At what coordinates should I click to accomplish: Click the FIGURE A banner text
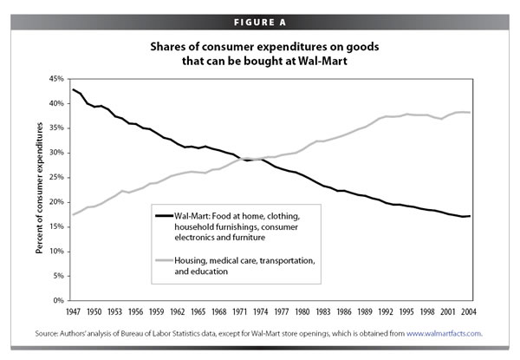click(260, 23)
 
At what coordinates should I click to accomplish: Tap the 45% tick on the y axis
click(56, 79)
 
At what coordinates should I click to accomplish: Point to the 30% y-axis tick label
click(56, 153)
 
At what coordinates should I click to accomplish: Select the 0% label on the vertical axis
click(58, 300)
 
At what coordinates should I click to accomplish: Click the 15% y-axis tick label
click(56, 226)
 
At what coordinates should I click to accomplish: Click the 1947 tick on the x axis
click(73, 311)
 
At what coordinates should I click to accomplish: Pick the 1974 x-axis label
click(260, 311)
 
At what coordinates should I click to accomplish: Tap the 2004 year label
click(469, 311)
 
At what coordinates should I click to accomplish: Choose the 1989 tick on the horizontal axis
click(365, 311)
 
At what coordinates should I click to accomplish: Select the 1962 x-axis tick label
click(177, 311)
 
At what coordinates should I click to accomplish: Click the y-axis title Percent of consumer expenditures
click(40, 188)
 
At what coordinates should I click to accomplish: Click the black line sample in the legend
click(164, 216)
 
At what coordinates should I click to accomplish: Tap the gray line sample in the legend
click(164, 260)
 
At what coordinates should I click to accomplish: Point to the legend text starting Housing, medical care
click(244, 265)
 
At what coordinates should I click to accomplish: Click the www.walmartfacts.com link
click(445, 333)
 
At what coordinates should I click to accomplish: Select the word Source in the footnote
click(47, 333)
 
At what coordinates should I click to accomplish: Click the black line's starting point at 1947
click(73, 89)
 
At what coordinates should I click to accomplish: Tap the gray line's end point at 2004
click(470, 113)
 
